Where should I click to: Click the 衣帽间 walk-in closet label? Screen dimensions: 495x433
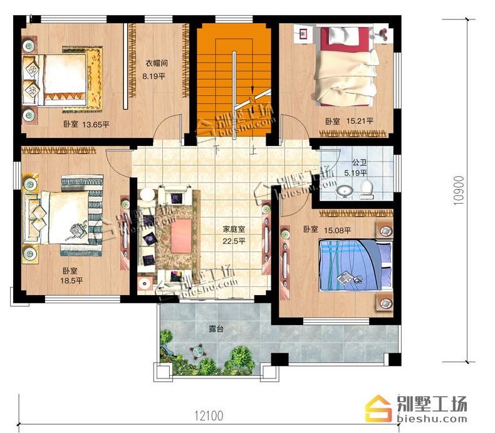pyautogui.click(x=156, y=63)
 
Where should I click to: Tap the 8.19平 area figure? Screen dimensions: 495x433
pyautogui.click(x=154, y=76)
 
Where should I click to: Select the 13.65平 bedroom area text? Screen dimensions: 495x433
pyautogui.click(x=96, y=124)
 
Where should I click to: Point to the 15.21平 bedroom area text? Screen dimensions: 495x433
pyautogui.click(x=360, y=121)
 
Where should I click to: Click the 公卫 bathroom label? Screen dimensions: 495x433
pyautogui.click(x=360, y=163)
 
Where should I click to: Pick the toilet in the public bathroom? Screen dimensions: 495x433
pyautogui.click(x=367, y=189)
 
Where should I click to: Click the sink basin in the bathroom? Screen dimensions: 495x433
pyautogui.click(x=345, y=192)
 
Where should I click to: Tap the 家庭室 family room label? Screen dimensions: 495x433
pyautogui.click(x=234, y=229)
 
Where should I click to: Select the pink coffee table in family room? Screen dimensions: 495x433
pyautogui.click(x=181, y=236)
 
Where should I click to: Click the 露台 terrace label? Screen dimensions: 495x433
pyautogui.click(x=216, y=328)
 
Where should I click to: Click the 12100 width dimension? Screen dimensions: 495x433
pyautogui.click(x=209, y=415)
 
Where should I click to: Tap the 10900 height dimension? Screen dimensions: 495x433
pyautogui.click(x=459, y=190)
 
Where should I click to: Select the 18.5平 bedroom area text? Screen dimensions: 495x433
pyautogui.click(x=71, y=281)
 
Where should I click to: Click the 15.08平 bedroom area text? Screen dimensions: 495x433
pyautogui.click(x=338, y=231)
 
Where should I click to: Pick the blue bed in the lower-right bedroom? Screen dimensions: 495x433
pyautogui.click(x=355, y=265)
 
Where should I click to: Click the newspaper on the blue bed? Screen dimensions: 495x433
pyautogui.click(x=345, y=278)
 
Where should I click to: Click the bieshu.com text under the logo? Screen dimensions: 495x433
pyautogui.click(x=431, y=419)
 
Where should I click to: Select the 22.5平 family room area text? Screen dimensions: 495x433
pyautogui.click(x=234, y=241)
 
